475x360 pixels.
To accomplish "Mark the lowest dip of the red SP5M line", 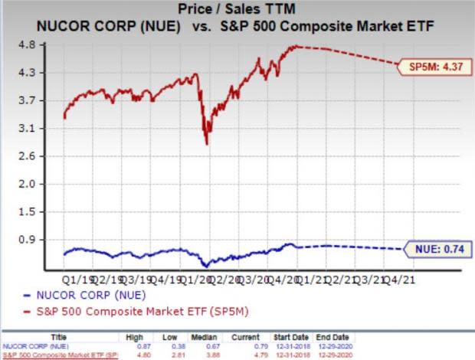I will [x=206, y=143].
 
